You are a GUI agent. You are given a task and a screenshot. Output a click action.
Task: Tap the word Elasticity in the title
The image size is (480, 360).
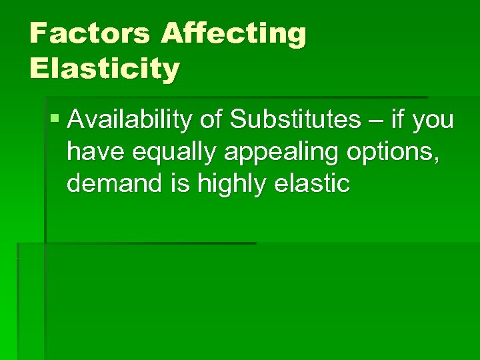[105, 69]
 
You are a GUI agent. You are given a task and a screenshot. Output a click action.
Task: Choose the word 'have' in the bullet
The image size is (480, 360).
[96, 152]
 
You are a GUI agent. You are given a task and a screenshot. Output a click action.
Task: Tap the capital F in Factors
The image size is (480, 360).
[38, 34]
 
